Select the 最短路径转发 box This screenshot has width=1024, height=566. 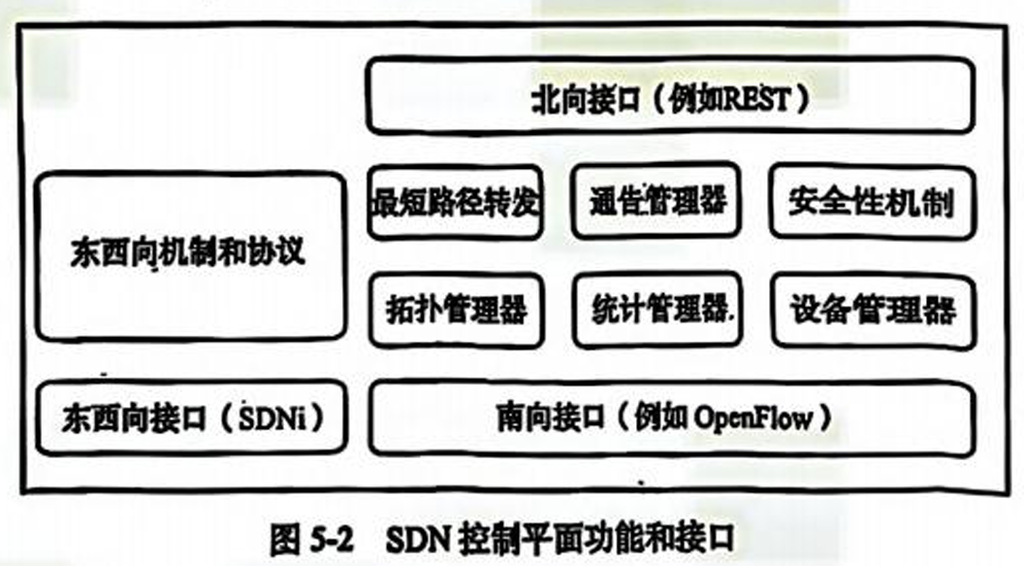[x=455, y=202]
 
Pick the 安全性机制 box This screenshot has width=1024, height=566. [x=872, y=202]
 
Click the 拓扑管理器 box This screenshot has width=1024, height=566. [x=455, y=310]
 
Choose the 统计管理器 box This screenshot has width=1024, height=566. [x=660, y=310]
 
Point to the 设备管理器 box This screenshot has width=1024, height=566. [x=872, y=310]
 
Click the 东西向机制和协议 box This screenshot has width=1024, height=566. [x=189, y=254]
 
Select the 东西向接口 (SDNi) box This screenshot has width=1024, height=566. [x=189, y=418]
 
